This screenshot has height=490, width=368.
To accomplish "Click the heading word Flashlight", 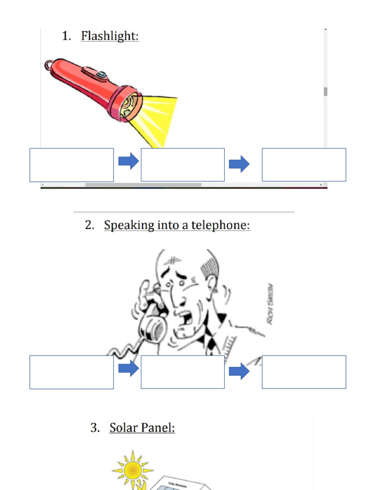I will point(110,36).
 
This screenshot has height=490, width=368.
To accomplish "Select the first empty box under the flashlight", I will point(71,165).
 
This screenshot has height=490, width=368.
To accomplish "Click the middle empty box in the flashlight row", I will point(183,165).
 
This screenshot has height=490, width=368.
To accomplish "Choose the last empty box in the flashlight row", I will point(304,165).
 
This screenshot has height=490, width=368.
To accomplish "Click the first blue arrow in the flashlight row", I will point(128,161).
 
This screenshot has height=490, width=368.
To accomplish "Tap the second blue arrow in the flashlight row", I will point(239,164).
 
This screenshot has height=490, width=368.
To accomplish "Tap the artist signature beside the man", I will point(270,304).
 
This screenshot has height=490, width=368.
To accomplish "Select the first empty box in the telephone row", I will point(71,372).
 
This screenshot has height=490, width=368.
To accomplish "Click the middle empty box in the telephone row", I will point(183,372).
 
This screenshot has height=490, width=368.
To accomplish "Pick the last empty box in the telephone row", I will point(304,372).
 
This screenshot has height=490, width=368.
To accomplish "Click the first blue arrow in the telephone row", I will point(128,368).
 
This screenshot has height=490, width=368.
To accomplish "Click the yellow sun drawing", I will point(132,470).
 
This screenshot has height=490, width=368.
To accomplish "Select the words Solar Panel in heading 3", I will point(142,427).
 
